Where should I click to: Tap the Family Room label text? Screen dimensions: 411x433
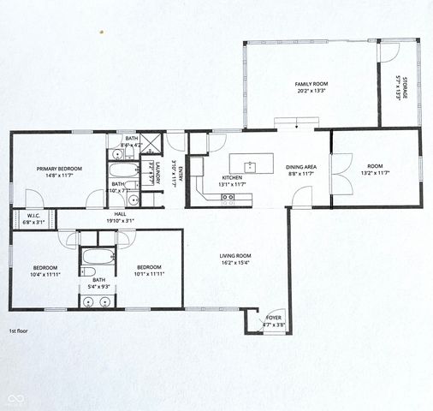312,83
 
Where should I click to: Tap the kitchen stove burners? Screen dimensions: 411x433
228,197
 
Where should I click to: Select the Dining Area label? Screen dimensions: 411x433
301,168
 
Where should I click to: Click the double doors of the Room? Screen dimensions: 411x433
340,171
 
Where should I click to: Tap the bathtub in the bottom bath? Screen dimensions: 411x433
93,254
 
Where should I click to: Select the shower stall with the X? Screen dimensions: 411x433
151,143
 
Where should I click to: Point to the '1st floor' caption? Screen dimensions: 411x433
21,330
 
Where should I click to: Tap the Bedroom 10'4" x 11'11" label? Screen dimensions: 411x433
45,271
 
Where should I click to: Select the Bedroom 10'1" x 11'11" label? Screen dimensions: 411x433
150,271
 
